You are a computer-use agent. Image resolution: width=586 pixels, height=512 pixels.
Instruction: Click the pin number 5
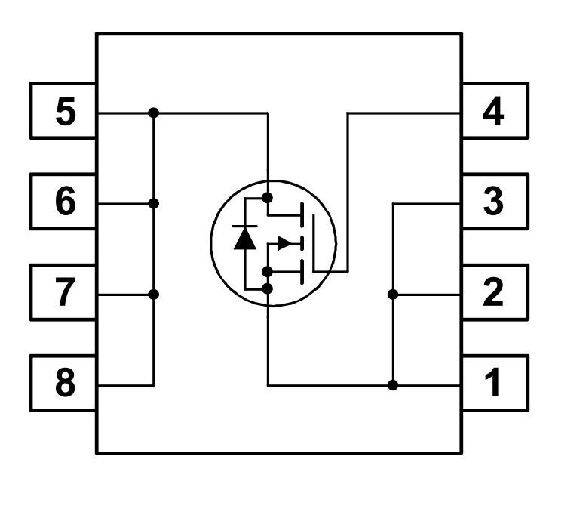point(66,111)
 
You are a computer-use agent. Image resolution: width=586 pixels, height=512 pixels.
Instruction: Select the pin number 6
point(66,202)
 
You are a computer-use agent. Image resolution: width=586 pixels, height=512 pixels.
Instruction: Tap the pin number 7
point(65,292)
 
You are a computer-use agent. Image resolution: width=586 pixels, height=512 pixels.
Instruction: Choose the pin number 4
point(493,111)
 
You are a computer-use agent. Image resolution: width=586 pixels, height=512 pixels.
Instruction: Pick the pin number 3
point(493,202)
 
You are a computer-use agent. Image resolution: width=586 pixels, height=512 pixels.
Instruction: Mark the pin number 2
point(493,292)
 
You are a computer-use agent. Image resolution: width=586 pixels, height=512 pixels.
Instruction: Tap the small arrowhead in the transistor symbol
point(285,244)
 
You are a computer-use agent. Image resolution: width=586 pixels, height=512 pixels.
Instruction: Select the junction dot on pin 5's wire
point(154,113)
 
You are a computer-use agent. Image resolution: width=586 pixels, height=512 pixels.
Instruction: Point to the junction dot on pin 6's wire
point(154,204)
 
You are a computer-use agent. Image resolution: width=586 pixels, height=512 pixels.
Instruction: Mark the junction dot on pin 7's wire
point(154,295)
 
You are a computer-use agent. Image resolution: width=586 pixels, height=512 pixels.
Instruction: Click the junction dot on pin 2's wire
point(393,295)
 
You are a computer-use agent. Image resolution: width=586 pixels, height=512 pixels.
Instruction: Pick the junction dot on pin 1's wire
point(393,385)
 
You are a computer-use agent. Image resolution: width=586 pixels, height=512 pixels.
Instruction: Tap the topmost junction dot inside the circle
point(268,198)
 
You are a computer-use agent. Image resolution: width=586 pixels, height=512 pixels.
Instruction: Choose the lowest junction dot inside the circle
point(268,288)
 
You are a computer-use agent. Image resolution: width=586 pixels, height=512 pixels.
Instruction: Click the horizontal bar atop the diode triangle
point(245,227)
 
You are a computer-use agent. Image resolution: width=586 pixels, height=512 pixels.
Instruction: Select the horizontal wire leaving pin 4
point(403,113)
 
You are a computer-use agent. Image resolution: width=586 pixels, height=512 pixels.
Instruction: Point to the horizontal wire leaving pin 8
point(126,385)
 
